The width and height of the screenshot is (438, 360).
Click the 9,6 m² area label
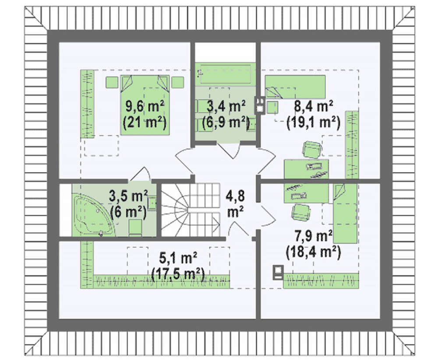(x=145, y=107)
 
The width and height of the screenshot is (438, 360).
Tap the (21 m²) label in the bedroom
(x=145, y=122)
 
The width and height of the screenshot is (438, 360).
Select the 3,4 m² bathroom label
(x=226, y=106)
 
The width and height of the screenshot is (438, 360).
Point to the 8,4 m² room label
(x=314, y=107)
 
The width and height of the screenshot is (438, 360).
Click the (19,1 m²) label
(x=314, y=122)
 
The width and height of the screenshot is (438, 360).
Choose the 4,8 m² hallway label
(x=235, y=204)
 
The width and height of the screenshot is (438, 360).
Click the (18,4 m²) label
(x=314, y=252)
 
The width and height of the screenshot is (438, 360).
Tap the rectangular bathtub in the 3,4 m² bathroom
(x=225, y=74)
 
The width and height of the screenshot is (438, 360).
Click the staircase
(x=191, y=210)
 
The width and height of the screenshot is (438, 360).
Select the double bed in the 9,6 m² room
(x=145, y=105)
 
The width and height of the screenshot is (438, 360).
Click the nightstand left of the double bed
(x=112, y=82)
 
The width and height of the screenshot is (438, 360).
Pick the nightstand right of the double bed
(x=178, y=82)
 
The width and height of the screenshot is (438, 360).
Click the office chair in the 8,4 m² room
(x=311, y=149)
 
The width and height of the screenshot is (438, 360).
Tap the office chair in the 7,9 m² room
(x=301, y=212)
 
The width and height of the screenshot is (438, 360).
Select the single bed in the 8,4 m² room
(x=295, y=87)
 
